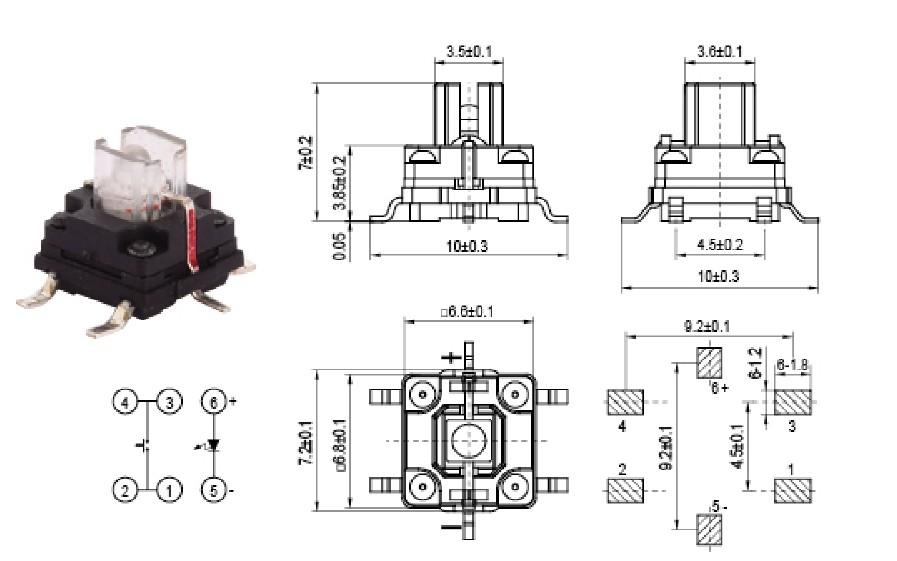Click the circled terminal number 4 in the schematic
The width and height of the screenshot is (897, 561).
pyautogui.click(x=124, y=403)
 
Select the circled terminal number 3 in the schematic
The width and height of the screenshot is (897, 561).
pyautogui.click(x=171, y=403)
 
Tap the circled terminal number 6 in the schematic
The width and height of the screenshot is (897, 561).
pyautogui.click(x=213, y=403)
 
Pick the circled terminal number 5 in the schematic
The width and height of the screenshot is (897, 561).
pyautogui.click(x=213, y=490)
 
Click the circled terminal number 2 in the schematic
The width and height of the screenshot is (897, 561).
pyautogui.click(x=124, y=490)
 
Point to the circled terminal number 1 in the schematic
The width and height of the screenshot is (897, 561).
pyautogui.click(x=171, y=490)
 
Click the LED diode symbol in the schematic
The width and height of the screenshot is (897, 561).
pyautogui.click(x=212, y=446)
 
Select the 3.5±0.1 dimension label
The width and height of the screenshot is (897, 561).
pyautogui.click(x=467, y=50)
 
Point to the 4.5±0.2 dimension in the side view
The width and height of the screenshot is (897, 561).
pyautogui.click(x=719, y=244)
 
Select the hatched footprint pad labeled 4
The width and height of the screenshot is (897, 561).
pyautogui.click(x=626, y=403)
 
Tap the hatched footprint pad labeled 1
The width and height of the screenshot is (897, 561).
pyautogui.click(x=794, y=490)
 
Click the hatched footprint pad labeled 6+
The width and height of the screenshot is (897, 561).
pyautogui.click(x=709, y=361)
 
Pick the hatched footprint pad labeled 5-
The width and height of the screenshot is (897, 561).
pyautogui.click(x=709, y=526)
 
